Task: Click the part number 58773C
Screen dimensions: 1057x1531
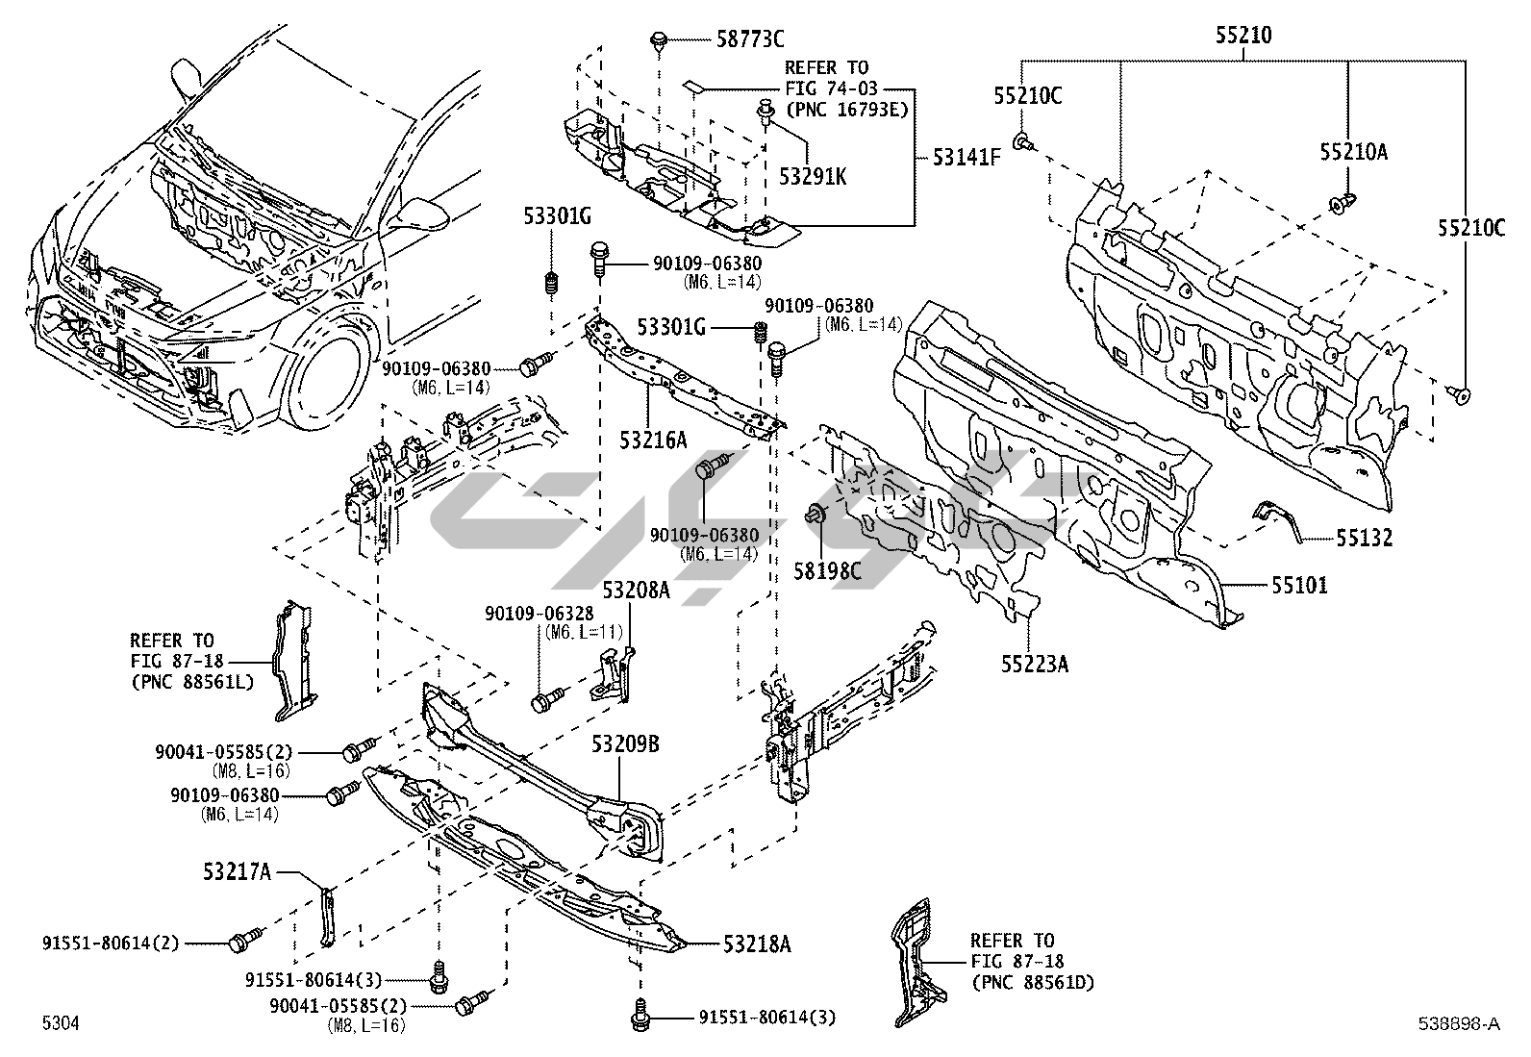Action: pyautogui.click(x=750, y=39)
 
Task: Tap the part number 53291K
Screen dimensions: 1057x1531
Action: pyautogui.click(x=814, y=176)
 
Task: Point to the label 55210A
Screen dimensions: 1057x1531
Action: pyautogui.click(x=1354, y=152)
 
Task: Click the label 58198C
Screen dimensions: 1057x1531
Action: pyautogui.click(x=827, y=570)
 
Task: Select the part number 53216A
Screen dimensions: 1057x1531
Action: pyautogui.click(x=653, y=440)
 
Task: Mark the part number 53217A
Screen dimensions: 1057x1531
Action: pyautogui.click(x=237, y=872)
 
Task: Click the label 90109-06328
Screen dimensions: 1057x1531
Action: pyautogui.click(x=540, y=614)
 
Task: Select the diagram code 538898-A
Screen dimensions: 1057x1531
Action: pyautogui.click(x=1458, y=1024)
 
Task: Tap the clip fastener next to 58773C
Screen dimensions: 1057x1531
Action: pyautogui.click(x=659, y=40)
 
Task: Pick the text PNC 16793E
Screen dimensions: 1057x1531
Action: pyautogui.click(x=846, y=110)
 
